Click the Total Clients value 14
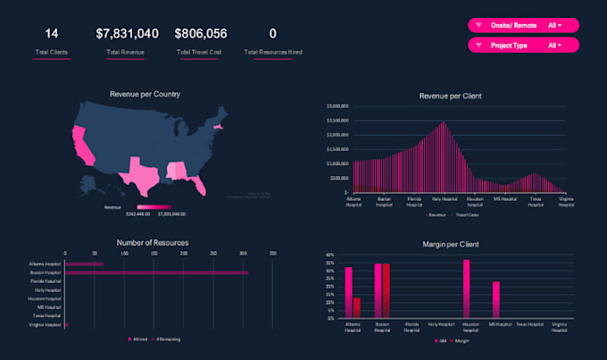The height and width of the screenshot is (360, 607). coord(52,34)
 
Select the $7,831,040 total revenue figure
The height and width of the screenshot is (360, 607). coord(128,34)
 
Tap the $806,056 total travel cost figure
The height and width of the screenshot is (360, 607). coord(201,34)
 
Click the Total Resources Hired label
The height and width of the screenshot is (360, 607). coord(272,53)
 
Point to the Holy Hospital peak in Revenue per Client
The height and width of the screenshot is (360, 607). coord(442,123)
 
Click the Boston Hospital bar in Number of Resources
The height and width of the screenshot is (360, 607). coord(156,272)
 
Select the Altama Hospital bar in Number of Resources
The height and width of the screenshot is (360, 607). coord(84,264)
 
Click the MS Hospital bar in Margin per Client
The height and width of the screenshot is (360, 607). coord(496,301)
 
